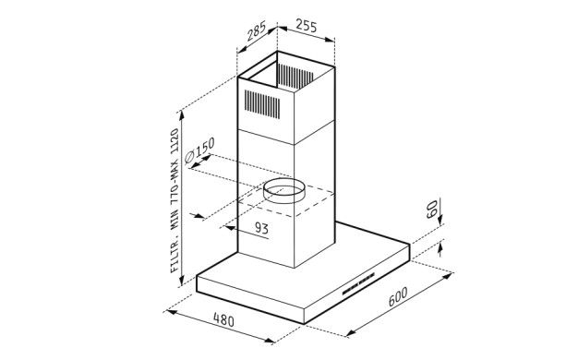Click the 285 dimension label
[256, 31]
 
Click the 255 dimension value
[307, 26]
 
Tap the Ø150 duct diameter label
[199, 150]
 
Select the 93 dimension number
[261, 228]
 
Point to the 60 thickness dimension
[431, 209]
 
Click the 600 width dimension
[398, 296]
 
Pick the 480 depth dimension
[223, 319]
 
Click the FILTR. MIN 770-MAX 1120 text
[175, 201]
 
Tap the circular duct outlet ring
[283, 190]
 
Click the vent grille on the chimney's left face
[262, 104]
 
